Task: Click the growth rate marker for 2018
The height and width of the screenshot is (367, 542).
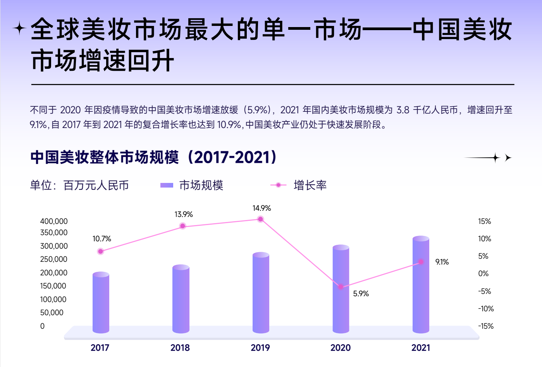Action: click(183, 226)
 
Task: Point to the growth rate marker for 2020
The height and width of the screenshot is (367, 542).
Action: click(341, 287)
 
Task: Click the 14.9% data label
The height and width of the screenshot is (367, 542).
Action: click(262, 208)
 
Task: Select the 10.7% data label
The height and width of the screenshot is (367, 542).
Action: click(102, 239)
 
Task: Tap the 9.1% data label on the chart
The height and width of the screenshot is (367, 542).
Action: click(442, 262)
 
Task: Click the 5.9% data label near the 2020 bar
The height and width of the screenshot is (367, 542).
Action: click(361, 294)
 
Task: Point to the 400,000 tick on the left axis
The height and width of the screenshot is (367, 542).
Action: click(54, 222)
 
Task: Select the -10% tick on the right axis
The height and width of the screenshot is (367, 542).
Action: click(486, 309)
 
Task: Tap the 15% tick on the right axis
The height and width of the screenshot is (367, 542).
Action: click(484, 222)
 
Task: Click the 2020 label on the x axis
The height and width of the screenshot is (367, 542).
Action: click(341, 348)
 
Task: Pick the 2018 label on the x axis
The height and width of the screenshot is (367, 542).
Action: click(180, 348)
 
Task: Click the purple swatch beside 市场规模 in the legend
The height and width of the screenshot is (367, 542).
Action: click(167, 186)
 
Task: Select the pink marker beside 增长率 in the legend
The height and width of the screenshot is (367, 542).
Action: click(278, 185)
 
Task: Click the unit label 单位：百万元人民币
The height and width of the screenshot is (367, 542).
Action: click(79, 186)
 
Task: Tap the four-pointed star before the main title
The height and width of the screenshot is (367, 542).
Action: click(19, 29)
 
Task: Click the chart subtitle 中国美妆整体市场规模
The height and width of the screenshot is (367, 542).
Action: click(105, 157)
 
